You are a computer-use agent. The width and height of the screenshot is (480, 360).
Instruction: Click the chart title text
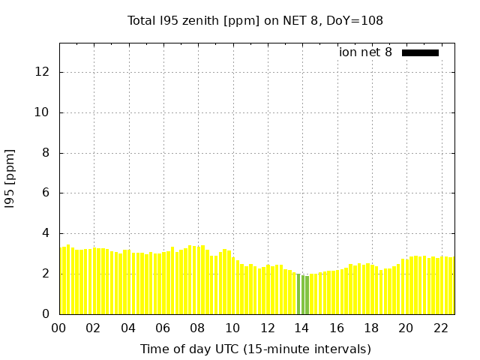point(255,21)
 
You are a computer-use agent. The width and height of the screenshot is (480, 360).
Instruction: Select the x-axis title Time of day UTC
point(255,349)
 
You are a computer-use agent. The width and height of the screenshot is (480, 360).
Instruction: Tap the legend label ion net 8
point(365,52)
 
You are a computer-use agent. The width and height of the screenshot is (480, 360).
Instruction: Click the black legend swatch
point(420,52)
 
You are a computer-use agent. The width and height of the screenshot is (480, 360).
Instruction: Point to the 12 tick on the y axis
point(43,73)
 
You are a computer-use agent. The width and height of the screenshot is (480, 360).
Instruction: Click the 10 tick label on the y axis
point(43,112)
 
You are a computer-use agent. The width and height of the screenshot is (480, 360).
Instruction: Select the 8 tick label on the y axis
point(46,153)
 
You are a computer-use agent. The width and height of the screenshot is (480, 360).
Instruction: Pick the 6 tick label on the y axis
point(46,193)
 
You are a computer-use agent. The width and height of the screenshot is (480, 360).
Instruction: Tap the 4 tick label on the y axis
point(46,233)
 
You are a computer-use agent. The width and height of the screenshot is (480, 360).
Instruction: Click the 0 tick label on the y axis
point(46,314)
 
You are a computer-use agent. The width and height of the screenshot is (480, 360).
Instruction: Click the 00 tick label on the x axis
point(59,328)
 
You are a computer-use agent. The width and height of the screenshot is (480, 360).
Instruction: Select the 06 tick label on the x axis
point(163,328)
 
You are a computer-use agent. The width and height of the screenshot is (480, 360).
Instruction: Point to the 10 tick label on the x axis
point(232,328)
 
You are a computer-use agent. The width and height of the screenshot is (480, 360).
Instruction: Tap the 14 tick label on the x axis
point(301,328)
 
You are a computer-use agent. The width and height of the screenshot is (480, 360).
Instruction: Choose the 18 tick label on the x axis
point(370,328)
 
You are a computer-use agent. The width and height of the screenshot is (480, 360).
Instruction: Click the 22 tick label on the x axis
point(440,328)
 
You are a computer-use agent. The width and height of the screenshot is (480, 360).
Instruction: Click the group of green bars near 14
point(302,295)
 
